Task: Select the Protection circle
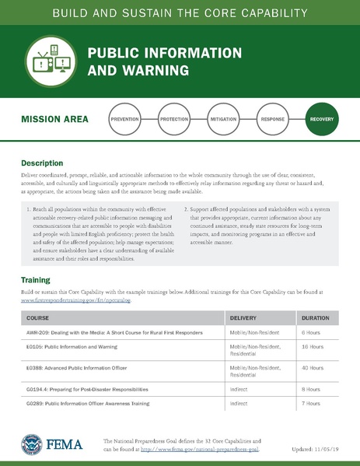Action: point(174,121)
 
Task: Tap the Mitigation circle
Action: point(223,121)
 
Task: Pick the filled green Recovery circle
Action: point(321,121)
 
